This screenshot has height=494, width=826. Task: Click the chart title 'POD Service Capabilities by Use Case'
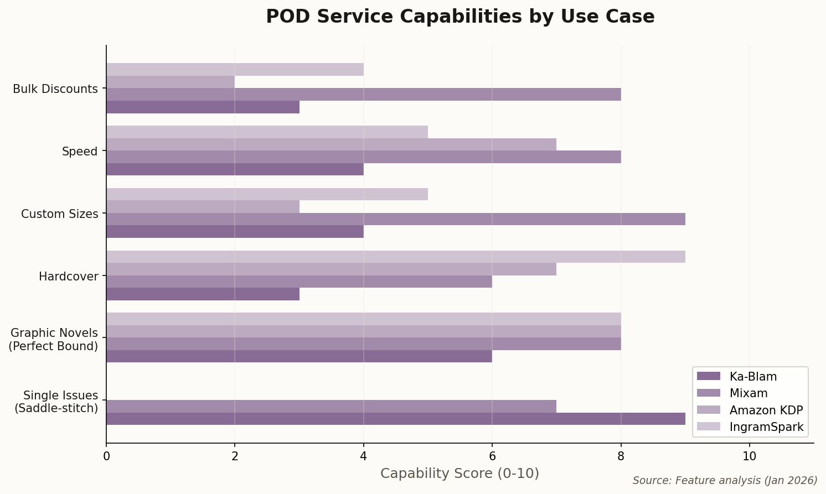point(460,17)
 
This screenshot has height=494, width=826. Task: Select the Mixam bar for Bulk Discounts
point(363,94)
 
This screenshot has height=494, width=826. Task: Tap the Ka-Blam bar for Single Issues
point(395,419)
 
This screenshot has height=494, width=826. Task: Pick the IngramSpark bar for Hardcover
point(395,257)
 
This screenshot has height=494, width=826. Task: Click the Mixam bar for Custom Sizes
point(395,219)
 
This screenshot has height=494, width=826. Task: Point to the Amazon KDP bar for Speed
point(331,144)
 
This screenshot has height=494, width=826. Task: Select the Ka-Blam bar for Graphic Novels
point(299,356)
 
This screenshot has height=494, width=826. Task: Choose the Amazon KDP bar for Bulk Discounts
point(171,82)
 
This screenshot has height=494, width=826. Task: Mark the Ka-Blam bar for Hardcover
point(203,294)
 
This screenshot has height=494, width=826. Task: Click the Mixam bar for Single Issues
point(331,406)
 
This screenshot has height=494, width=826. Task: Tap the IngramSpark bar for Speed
point(267,132)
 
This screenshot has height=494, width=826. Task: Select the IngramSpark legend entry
point(766,427)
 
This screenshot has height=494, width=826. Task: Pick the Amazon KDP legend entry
point(766,410)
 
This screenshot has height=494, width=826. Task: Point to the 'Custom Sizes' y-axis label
point(59,214)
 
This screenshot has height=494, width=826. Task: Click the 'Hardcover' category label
point(68,276)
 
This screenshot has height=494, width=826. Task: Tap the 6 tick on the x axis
point(492,456)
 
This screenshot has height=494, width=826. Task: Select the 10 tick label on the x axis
point(749,456)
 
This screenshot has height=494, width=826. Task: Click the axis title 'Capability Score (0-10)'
point(460,474)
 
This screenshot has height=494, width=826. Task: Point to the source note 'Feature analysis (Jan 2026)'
point(725,480)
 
